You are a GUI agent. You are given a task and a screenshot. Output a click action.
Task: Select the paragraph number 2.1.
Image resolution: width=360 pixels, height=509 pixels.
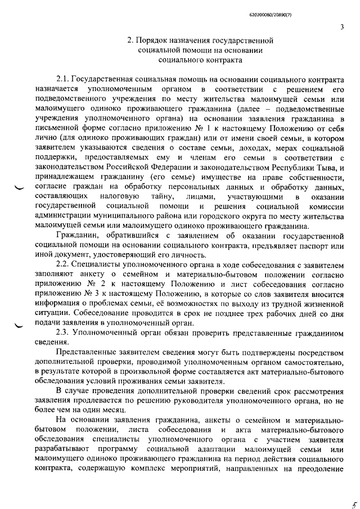coord(63,80)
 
